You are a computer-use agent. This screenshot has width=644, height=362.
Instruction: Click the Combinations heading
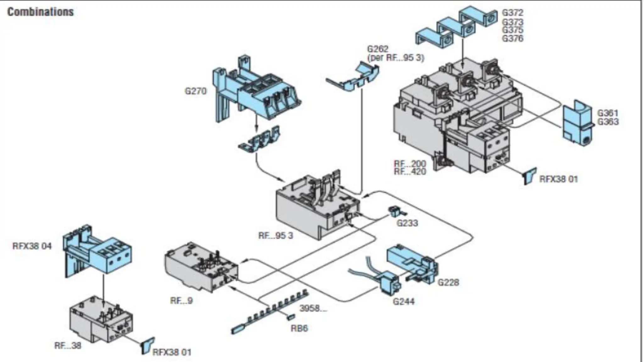point(40,12)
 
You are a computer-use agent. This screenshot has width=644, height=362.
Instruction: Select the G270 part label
point(196,91)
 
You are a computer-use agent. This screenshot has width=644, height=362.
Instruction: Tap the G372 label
point(513,13)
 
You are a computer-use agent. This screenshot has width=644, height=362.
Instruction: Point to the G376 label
point(513,39)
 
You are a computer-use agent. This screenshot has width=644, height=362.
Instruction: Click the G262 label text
point(378,49)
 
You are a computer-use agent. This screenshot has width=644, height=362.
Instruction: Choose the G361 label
point(608,113)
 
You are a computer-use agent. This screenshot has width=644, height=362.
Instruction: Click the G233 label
point(407,223)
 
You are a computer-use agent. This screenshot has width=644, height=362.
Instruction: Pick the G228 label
point(448,282)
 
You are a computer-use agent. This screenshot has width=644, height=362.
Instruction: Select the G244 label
point(403,301)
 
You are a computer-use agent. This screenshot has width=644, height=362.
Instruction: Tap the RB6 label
point(299,328)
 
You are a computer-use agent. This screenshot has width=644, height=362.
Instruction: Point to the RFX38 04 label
point(32,246)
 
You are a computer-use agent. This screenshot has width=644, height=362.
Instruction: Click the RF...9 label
point(181,300)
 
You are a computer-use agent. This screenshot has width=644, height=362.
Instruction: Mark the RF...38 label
point(68,346)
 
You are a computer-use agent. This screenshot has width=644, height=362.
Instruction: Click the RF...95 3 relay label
point(275,235)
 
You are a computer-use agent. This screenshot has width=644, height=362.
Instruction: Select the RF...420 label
point(410,172)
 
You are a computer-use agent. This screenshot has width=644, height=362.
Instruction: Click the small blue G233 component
point(393,211)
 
